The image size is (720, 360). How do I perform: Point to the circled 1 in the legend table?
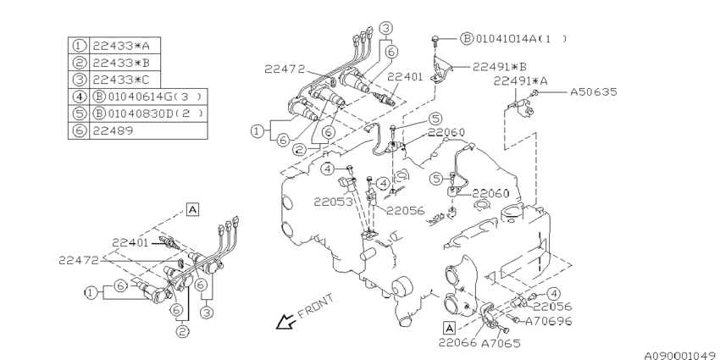pyautogui.click(x=79, y=44)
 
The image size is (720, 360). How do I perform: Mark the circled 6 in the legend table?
pyautogui.click(x=79, y=131)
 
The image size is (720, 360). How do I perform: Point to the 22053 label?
pyautogui.click(x=324, y=202)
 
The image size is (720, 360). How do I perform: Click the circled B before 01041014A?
pyautogui.click(x=466, y=38)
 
